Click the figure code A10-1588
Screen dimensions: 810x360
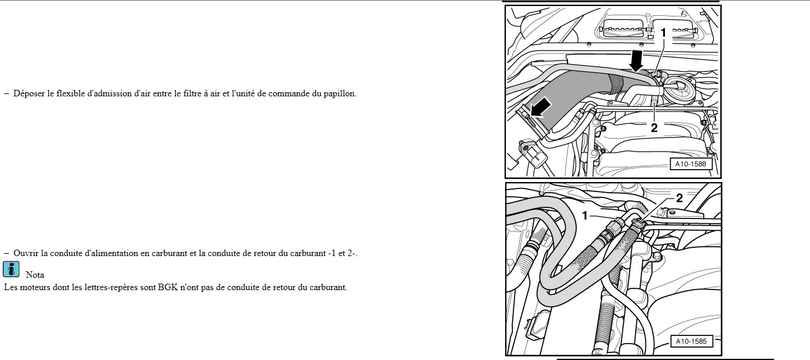(691, 164)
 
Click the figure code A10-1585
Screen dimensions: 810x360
(691, 341)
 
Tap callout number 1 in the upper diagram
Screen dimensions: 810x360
(663, 33)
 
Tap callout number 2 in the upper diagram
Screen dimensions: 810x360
(654, 127)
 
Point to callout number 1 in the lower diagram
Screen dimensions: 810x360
(584, 216)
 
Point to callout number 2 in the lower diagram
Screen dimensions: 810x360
(680, 198)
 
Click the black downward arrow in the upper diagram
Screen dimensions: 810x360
(636, 60)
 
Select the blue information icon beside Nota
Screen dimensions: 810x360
(11, 270)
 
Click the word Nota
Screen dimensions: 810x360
(35, 275)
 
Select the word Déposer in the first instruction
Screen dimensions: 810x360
(29, 93)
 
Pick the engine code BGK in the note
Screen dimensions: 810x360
(168, 287)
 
